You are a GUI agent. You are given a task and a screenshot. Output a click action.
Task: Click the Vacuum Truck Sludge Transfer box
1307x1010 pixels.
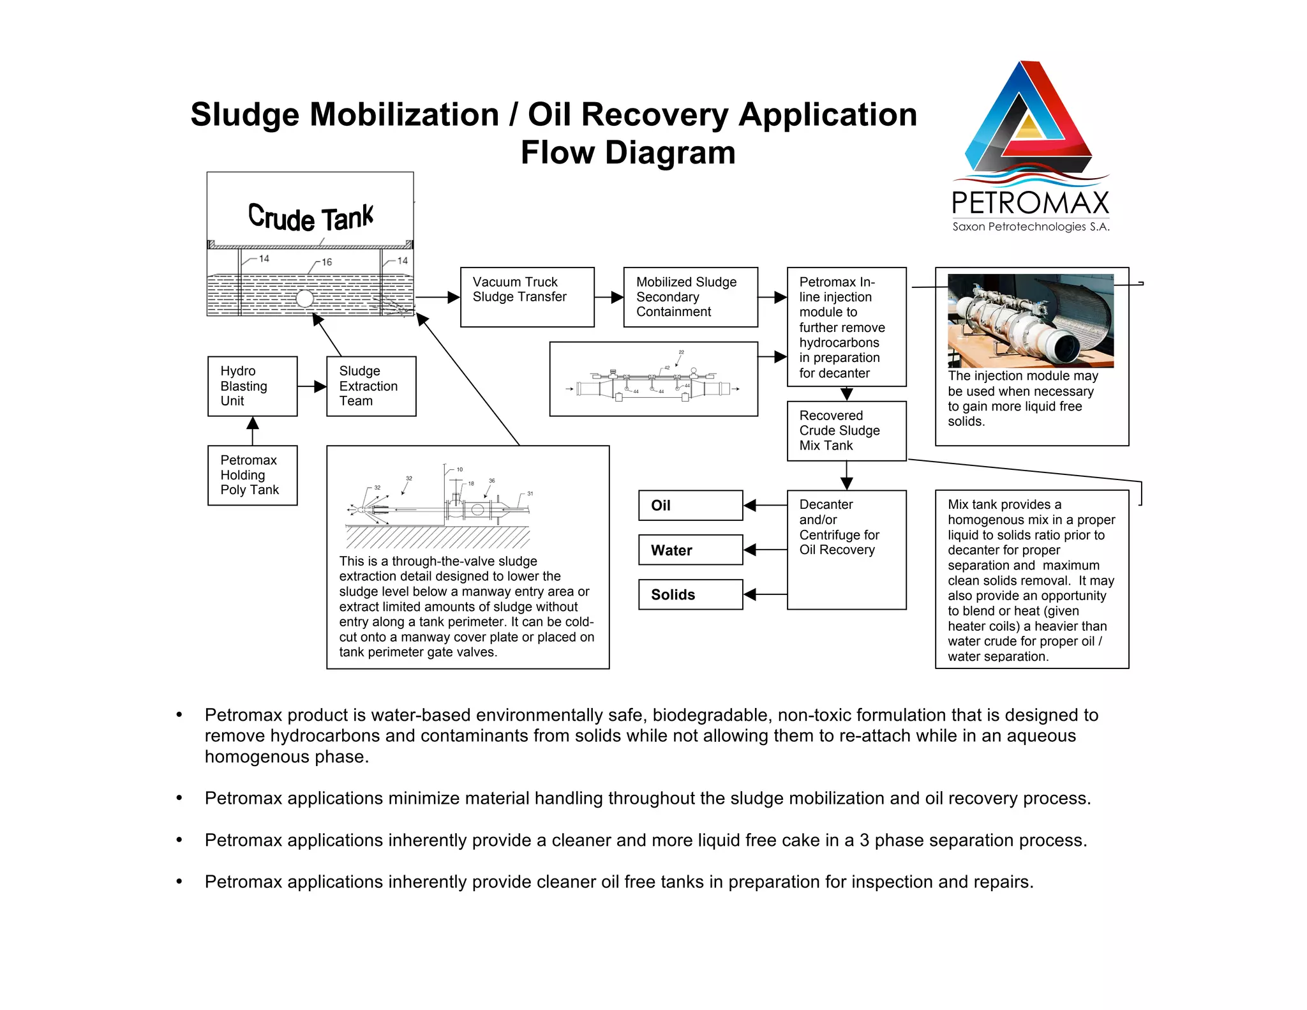pos(527,297)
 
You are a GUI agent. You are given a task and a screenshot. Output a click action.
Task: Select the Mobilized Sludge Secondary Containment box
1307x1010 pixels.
pos(691,297)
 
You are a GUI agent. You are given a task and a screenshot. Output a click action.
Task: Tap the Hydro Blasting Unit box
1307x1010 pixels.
pos(253,386)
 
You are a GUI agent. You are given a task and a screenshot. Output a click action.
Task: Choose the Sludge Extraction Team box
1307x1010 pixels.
pos(371,386)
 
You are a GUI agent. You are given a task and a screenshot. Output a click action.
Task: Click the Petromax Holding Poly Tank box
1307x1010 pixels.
pos(253,476)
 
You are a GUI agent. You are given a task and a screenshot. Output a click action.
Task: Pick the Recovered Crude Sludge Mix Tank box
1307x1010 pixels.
pos(847,431)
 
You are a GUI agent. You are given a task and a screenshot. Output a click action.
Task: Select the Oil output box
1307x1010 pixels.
pos(691,506)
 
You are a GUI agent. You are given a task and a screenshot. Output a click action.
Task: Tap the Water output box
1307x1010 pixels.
pos(691,550)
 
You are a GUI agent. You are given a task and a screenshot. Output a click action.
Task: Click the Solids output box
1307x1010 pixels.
pos(691,594)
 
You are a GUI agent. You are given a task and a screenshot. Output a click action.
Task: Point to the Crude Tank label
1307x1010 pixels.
pos(311,218)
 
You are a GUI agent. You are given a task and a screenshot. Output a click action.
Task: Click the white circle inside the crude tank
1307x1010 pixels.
pos(305,298)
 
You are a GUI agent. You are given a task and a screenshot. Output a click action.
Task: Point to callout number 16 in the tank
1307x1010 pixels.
pos(327,262)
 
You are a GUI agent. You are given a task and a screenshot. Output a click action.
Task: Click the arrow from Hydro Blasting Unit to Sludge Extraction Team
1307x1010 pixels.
pos(312,386)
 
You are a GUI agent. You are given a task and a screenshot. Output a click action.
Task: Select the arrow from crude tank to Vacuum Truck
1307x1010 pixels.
pos(438,298)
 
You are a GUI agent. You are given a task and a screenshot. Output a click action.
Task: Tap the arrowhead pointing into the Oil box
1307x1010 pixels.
pos(751,506)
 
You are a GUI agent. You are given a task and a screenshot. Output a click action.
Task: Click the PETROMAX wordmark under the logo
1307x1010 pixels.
pos(1031,203)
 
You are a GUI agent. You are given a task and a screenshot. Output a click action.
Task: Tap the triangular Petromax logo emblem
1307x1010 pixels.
pos(1029,118)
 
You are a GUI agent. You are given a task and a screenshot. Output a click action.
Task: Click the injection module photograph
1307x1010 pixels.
pos(1031,320)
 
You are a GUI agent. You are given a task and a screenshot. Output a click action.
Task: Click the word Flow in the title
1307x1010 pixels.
pos(558,153)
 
